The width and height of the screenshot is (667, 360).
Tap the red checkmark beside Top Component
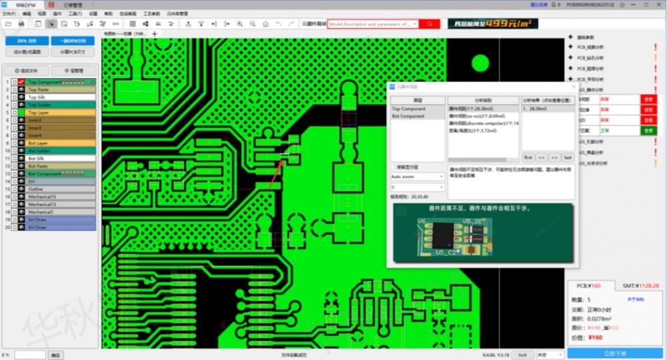tap(21, 82)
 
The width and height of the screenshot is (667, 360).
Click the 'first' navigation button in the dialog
tap(528, 157)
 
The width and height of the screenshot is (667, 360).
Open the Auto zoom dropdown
tap(418, 177)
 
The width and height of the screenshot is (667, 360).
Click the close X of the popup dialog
tap(573, 87)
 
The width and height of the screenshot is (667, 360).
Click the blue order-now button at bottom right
tap(614, 353)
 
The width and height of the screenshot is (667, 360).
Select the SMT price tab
tap(640, 285)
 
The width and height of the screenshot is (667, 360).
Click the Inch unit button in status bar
tap(523, 355)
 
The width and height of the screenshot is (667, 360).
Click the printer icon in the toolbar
tap(22, 24)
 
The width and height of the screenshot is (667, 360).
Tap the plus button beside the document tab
tap(155, 33)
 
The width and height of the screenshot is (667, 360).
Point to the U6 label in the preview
tap(422, 219)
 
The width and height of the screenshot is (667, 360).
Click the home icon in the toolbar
tap(265, 24)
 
